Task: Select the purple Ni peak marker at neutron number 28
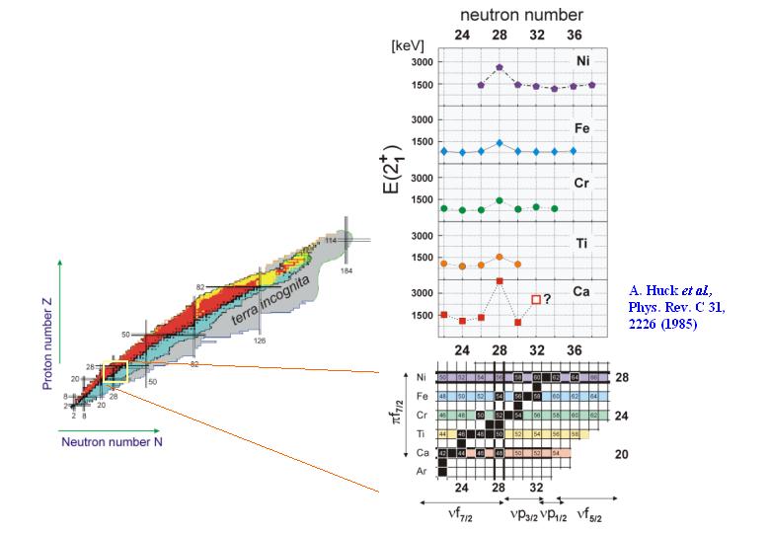point(500,67)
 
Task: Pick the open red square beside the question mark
point(536,299)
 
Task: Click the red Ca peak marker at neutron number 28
point(500,281)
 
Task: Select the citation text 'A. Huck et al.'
point(668,291)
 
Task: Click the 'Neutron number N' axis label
point(112,442)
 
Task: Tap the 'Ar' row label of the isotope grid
point(422,472)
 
